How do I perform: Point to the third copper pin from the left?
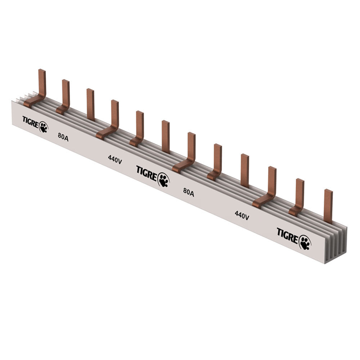[90, 104]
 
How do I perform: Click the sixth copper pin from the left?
[166, 137]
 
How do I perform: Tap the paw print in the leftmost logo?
[44, 127]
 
